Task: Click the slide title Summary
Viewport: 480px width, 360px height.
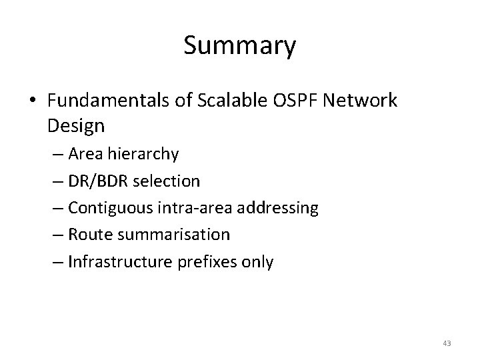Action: click(x=239, y=47)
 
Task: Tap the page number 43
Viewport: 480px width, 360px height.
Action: click(x=447, y=343)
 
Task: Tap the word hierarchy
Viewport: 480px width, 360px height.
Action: click(x=146, y=154)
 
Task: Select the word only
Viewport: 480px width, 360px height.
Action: click(x=257, y=263)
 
